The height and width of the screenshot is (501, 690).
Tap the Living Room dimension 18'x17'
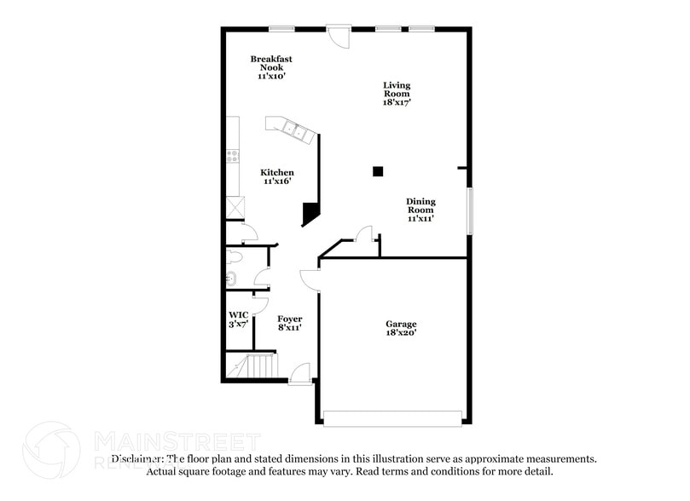tap(397, 102)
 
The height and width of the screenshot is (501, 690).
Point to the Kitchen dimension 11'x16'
tap(278, 181)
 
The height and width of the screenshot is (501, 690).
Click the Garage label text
tap(401, 324)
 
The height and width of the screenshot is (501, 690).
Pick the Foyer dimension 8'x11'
tap(290, 327)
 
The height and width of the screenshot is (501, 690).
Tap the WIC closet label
tap(238, 314)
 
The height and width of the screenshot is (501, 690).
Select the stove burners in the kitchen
tap(232, 156)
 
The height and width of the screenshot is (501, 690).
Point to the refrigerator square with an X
tap(235, 207)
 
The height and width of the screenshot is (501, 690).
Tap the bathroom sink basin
tap(230, 278)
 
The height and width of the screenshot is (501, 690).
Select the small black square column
tap(378, 171)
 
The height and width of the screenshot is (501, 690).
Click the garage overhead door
tap(393, 418)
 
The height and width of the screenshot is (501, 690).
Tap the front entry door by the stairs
tap(299, 375)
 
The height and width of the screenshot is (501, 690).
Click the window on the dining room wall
tap(468, 210)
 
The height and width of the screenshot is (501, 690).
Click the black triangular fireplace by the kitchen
tap(311, 213)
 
